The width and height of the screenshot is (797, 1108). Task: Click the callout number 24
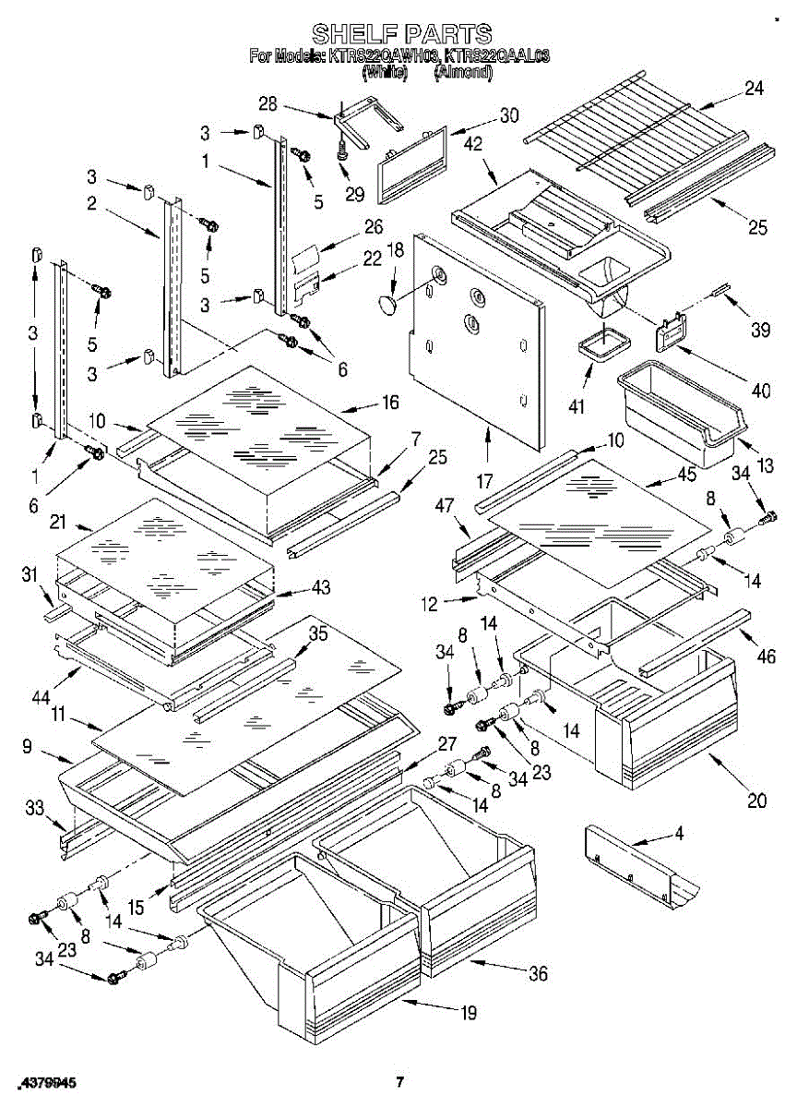755,89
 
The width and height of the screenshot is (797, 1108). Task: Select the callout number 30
508,116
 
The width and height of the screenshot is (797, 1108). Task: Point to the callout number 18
395,249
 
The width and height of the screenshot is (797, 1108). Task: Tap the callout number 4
679,835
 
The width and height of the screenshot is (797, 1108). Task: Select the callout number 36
538,973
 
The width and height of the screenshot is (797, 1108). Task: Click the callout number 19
469,1013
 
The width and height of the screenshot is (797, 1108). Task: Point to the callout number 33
34,810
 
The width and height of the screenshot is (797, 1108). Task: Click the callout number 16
390,402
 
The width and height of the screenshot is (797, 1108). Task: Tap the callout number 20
757,801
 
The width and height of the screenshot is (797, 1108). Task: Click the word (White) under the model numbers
385,71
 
